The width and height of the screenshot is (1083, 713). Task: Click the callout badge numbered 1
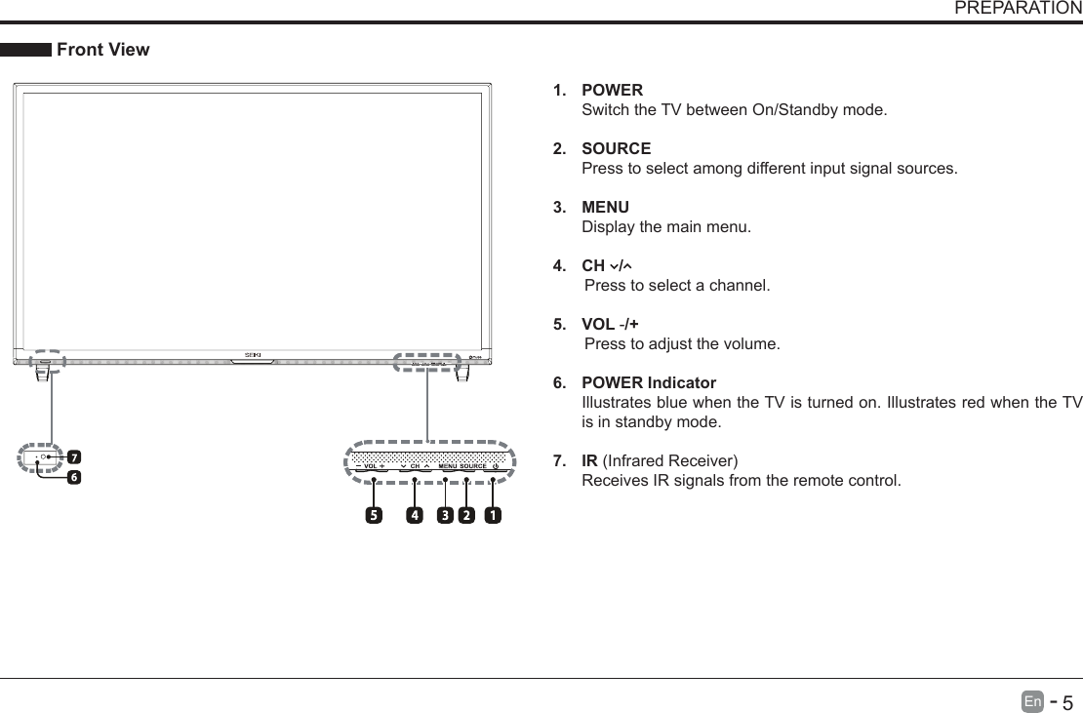[x=493, y=514]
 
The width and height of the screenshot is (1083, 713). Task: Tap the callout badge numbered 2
[x=466, y=514]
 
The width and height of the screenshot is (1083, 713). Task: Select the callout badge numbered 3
[x=444, y=514]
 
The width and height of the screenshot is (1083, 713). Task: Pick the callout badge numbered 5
[x=373, y=514]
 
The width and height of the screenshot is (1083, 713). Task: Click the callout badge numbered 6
[x=73, y=478]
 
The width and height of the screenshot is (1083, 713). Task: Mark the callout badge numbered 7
[x=73, y=456]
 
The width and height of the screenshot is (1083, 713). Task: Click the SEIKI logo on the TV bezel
[x=253, y=354]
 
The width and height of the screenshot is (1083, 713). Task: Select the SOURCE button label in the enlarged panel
[x=473, y=466]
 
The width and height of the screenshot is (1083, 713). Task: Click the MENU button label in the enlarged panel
[x=448, y=466]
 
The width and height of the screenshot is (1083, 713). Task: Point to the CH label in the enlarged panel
[x=415, y=466]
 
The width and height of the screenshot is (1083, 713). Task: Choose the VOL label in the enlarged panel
[x=370, y=466]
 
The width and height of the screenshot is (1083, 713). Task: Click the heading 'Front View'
[x=103, y=50]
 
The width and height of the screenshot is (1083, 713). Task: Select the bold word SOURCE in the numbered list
[x=616, y=148]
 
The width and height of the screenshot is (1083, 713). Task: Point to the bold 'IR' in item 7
[x=589, y=460]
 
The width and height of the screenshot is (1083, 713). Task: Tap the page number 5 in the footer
[x=1067, y=702]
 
